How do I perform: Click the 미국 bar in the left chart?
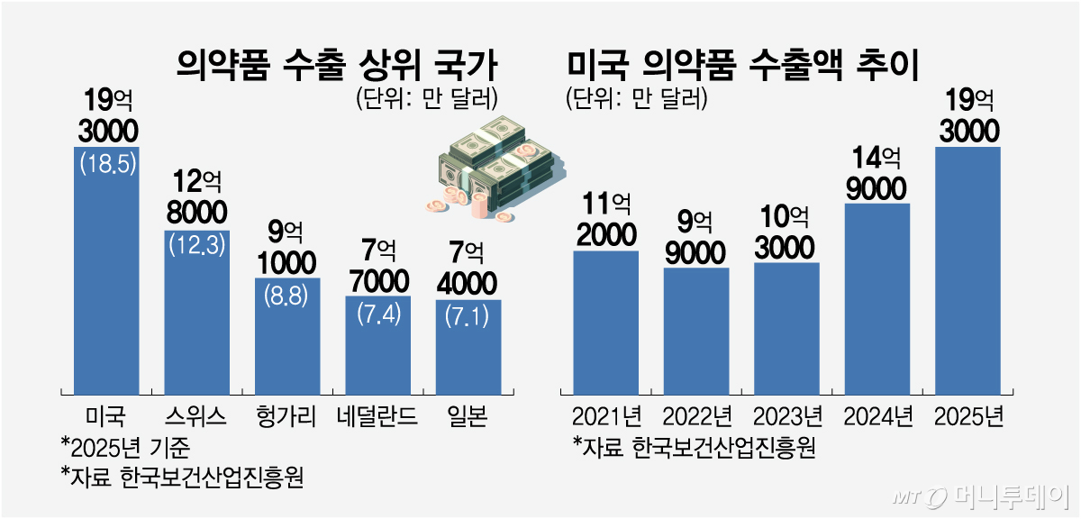pyautogui.click(x=106, y=270)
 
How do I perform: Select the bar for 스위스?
pyautogui.click(x=197, y=311)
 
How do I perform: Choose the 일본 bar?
pyautogui.click(x=468, y=346)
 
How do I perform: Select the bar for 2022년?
pyautogui.click(x=696, y=330)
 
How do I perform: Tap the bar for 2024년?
pyautogui.click(x=877, y=297)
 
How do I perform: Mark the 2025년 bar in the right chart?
pyautogui.click(x=968, y=270)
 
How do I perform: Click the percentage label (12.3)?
pyautogui.click(x=197, y=246)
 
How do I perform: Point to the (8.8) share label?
pyautogui.click(x=287, y=294)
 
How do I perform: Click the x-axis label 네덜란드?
pyautogui.click(x=377, y=416)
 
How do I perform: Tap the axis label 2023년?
pyautogui.click(x=786, y=416)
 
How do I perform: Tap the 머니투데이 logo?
pyautogui.click(x=982, y=496)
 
